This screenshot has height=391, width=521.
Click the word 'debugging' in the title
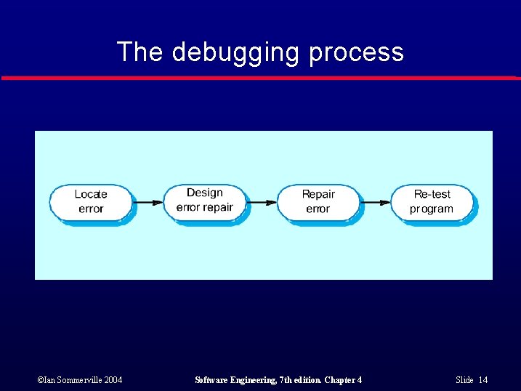pos(236,52)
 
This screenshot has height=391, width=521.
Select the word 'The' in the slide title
pos(139,52)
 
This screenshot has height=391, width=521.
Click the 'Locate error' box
pos(91,201)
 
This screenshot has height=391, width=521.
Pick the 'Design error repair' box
pos(204,200)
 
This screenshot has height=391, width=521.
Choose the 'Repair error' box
pos(318,201)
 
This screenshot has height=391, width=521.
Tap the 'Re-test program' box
pos(432,201)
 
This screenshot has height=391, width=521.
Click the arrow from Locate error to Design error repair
pos(148,202)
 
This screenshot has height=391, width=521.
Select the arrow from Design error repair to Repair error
pos(262,202)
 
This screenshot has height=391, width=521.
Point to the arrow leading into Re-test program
pos(376,202)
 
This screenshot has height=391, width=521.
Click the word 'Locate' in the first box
pos(91,194)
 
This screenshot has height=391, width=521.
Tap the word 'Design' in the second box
pos(204,193)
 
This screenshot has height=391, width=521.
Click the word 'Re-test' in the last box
pos(432,194)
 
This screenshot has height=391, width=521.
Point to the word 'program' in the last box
pos(432,209)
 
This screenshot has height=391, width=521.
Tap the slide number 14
pos(483,380)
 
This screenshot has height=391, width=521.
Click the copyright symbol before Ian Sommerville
pos(39,380)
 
